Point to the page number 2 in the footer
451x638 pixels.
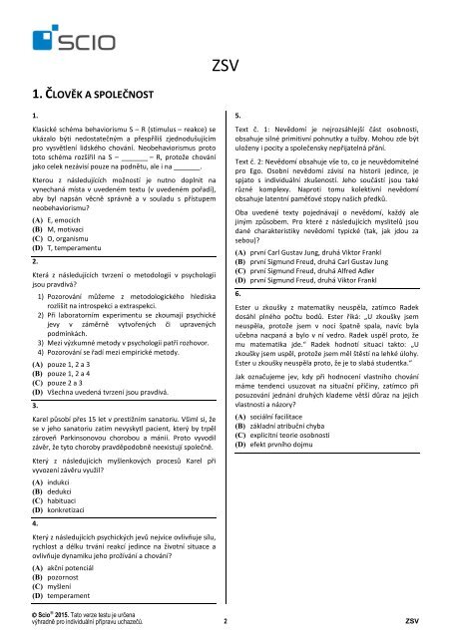pyautogui.click(x=225, y=619)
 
